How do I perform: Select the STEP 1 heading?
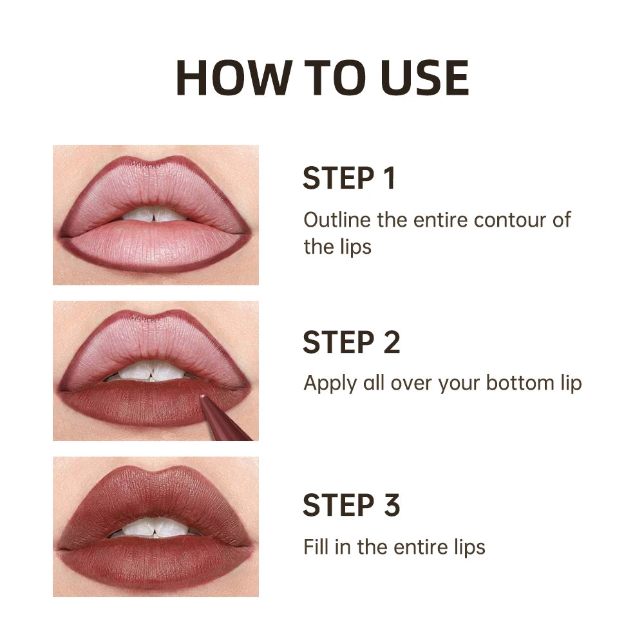click(348, 178)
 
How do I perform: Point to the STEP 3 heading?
click(351, 506)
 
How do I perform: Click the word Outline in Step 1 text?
click(337, 220)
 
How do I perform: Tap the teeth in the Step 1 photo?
click(155, 214)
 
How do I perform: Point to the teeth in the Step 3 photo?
click(155, 527)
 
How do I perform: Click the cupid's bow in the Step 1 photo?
click(155, 165)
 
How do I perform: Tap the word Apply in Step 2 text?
click(325, 384)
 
